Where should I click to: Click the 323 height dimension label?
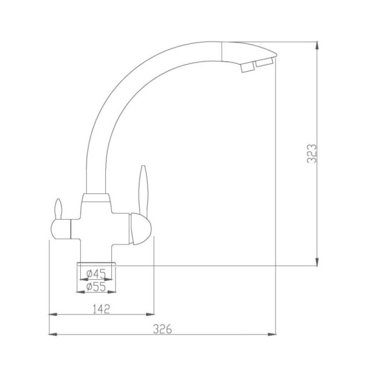coord(312,154)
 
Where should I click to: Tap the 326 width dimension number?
coord(162,329)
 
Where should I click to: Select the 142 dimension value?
coord(101,309)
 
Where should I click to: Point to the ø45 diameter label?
coord(96,273)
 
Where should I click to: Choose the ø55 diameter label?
coord(96,287)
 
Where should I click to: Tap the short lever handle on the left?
coord(58,209)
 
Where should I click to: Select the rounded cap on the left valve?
coord(60,229)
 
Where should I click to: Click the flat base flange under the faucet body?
coord(96,264)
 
